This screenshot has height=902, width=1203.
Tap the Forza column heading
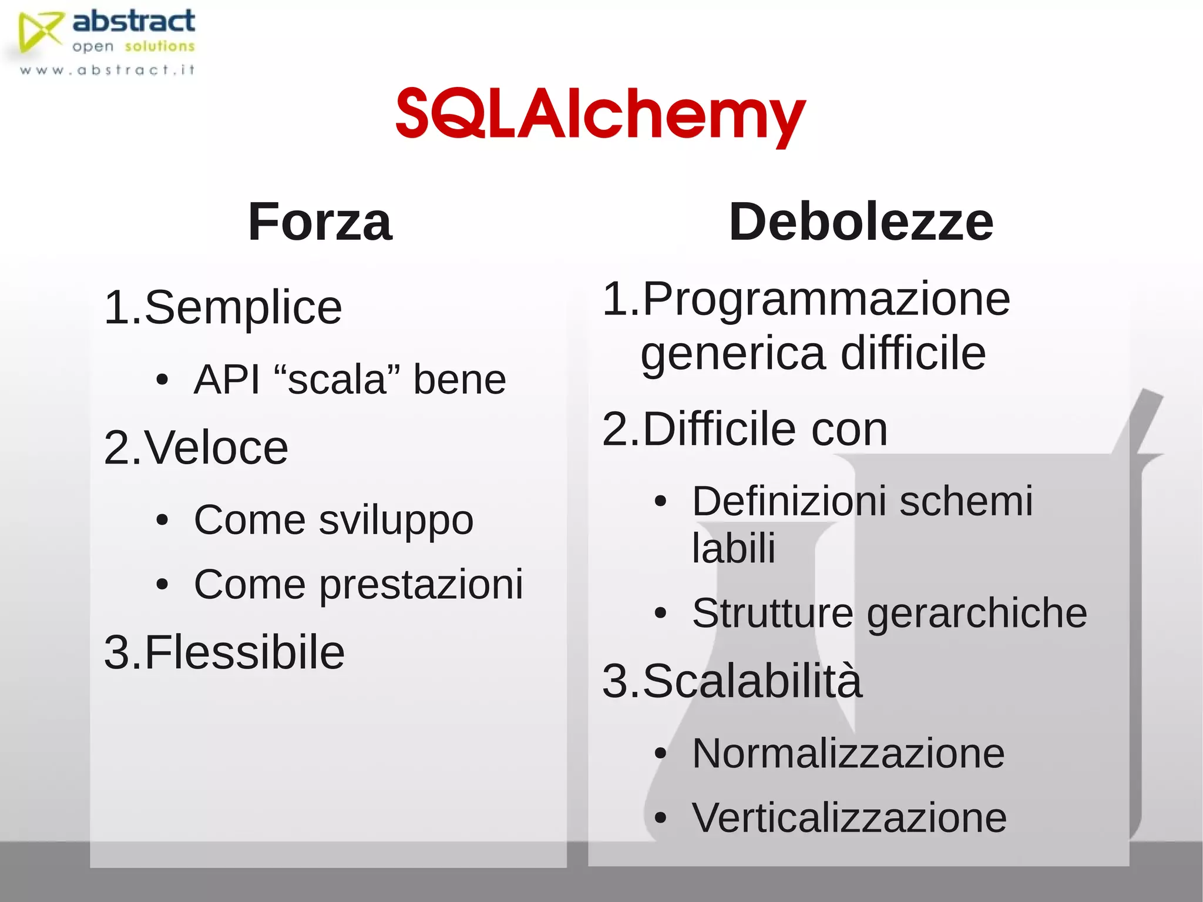[x=320, y=222]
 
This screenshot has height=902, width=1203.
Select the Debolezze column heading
[x=861, y=222]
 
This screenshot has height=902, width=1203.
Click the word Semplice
[x=243, y=308]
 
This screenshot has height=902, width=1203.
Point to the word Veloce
[x=216, y=448]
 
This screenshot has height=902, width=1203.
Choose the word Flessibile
[x=244, y=652]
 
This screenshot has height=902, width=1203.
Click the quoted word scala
[x=337, y=379]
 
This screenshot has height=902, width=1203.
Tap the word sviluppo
[x=396, y=521]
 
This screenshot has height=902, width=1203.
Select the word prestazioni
[x=421, y=585]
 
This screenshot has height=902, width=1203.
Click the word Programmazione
[x=826, y=300]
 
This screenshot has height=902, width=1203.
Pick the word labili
[x=734, y=548]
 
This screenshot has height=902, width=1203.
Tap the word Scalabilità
[x=752, y=682]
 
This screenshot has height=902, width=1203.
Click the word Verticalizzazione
[x=849, y=818]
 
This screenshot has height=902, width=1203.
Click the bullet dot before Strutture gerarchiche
[x=661, y=613]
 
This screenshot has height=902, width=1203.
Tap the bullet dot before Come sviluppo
[x=163, y=520]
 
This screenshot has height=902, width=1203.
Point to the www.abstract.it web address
[x=107, y=71]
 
